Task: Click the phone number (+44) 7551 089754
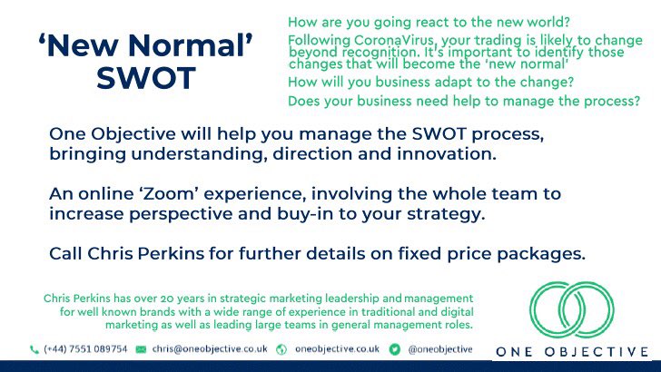[x=84, y=348]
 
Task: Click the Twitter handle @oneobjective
[x=441, y=348]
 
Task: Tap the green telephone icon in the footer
[x=35, y=348]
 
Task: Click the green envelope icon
[x=141, y=348]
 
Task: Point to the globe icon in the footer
[x=281, y=348]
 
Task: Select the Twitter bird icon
[x=395, y=348]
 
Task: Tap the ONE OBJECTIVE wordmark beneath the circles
[x=572, y=351]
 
